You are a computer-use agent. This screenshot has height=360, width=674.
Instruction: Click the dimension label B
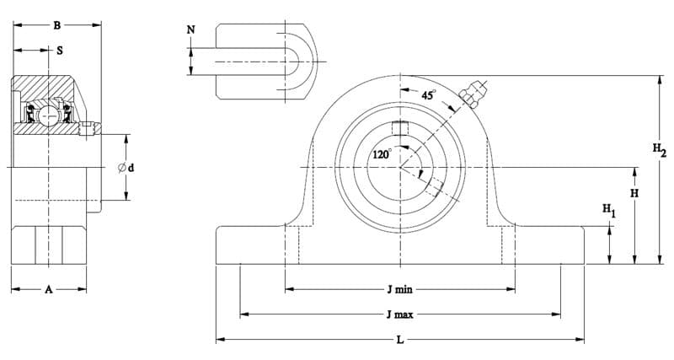pyautogui.click(x=56, y=25)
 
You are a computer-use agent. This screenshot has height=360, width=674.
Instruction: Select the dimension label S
pyautogui.click(x=60, y=51)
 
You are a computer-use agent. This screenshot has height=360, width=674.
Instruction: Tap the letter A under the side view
pyautogui.click(x=49, y=289)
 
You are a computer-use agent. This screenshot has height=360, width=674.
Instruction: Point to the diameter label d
pyautogui.click(x=126, y=168)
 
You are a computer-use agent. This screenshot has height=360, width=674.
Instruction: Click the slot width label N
pyautogui.click(x=191, y=30)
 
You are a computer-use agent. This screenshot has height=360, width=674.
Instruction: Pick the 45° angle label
pyautogui.click(x=428, y=95)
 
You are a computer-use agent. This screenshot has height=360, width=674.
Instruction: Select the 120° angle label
pyautogui.click(x=382, y=154)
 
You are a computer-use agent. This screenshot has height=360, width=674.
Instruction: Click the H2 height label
pyautogui.click(x=660, y=150)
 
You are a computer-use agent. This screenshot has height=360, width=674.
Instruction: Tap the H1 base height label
pyautogui.click(x=608, y=210)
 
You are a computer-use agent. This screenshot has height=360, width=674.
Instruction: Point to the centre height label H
pyautogui.click(x=634, y=193)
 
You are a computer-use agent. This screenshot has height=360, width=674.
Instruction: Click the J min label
pyautogui.click(x=399, y=289)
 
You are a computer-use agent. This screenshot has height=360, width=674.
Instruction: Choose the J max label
pyautogui.click(x=399, y=314)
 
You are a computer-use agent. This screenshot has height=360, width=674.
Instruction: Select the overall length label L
pyautogui.click(x=400, y=340)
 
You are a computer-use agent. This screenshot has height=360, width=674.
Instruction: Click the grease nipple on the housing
pyautogui.click(x=472, y=94)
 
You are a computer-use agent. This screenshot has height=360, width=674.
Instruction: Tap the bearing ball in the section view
pyautogui.click(x=49, y=116)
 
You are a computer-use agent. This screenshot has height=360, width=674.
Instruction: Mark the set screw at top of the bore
pyautogui.click(x=400, y=129)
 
